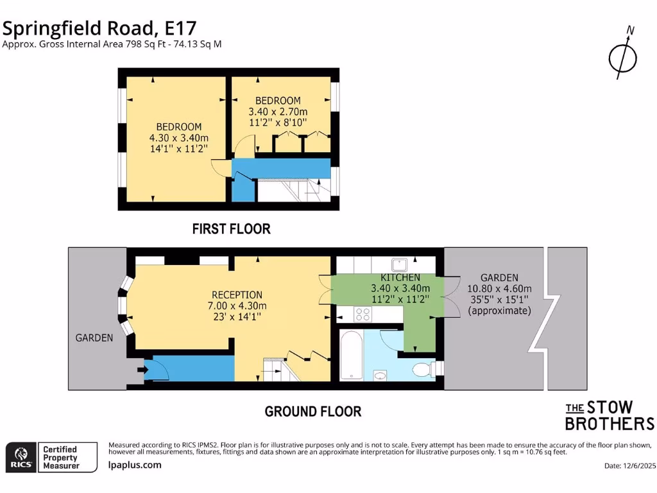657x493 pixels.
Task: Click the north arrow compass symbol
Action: pyautogui.click(x=622, y=58)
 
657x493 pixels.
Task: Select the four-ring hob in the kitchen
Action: pyautogui.click(x=363, y=314)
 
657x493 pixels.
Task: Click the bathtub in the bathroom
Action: pyautogui.click(x=352, y=356)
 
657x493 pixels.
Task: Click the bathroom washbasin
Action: pyautogui.click(x=380, y=376)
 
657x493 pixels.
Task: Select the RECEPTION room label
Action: pyautogui.click(x=237, y=295)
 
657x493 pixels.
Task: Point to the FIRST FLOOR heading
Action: pyautogui.click(x=232, y=229)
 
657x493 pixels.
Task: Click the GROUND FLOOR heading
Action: pyautogui.click(x=313, y=411)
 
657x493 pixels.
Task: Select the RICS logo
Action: pyautogui.click(x=20, y=456)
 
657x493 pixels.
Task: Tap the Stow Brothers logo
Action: pyautogui.click(x=609, y=415)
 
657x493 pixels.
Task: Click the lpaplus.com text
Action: pyautogui.click(x=135, y=465)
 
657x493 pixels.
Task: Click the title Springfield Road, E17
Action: pyautogui.click(x=99, y=28)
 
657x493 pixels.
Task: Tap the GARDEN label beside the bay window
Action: pyautogui.click(x=94, y=338)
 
